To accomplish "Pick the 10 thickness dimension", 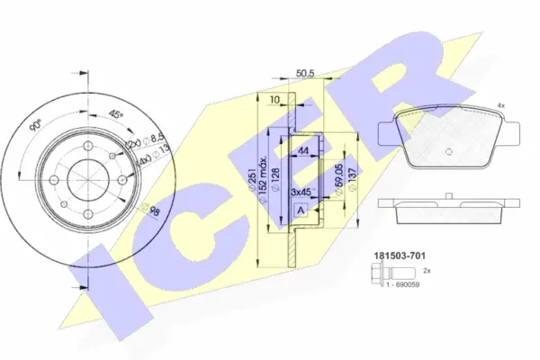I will point(274,99).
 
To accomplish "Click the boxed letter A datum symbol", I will point(300,210).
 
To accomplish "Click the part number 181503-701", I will point(399,256).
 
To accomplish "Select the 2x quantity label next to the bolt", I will point(427,270).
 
